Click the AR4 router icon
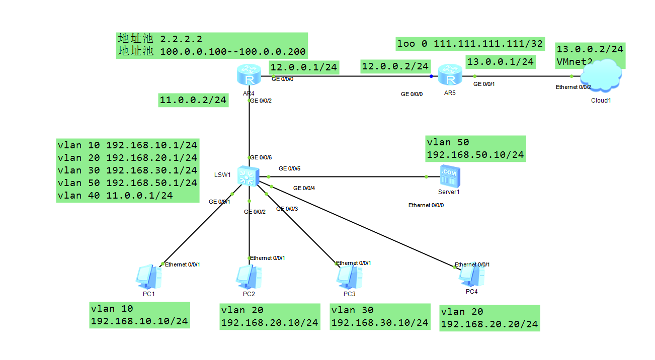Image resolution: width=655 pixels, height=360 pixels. coord(249,75)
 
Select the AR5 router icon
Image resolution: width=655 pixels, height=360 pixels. coord(450,75)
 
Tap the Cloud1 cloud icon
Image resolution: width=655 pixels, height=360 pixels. coord(601,75)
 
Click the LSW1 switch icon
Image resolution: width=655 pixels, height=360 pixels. coord(248,176)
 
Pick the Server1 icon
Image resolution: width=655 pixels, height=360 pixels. coord(450,176)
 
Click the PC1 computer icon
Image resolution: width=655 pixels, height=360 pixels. coord(148,277)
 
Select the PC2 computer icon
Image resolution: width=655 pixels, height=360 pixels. coord(249,277)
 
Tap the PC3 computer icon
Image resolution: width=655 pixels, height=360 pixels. coord(349,277)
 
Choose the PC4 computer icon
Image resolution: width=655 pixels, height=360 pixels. coord(471,275)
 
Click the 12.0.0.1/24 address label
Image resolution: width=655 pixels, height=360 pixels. coord(304,67)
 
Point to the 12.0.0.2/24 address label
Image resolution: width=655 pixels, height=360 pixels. coord(395,66)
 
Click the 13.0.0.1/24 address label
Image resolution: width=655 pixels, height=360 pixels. coord(501,62)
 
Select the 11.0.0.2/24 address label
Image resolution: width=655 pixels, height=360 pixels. coord(193,100)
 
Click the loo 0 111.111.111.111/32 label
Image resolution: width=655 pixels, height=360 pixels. coord(470,44)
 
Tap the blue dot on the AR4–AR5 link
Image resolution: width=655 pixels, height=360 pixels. coord(431,76)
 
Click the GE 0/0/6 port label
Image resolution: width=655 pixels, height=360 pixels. coord(261,157)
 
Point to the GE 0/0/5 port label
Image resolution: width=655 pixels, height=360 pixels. coord(289,168)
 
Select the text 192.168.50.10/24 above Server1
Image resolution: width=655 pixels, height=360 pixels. coord(475,155)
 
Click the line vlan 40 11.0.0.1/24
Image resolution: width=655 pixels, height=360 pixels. coord(115,196)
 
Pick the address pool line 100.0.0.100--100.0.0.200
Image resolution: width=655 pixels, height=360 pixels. coord(233,52)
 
